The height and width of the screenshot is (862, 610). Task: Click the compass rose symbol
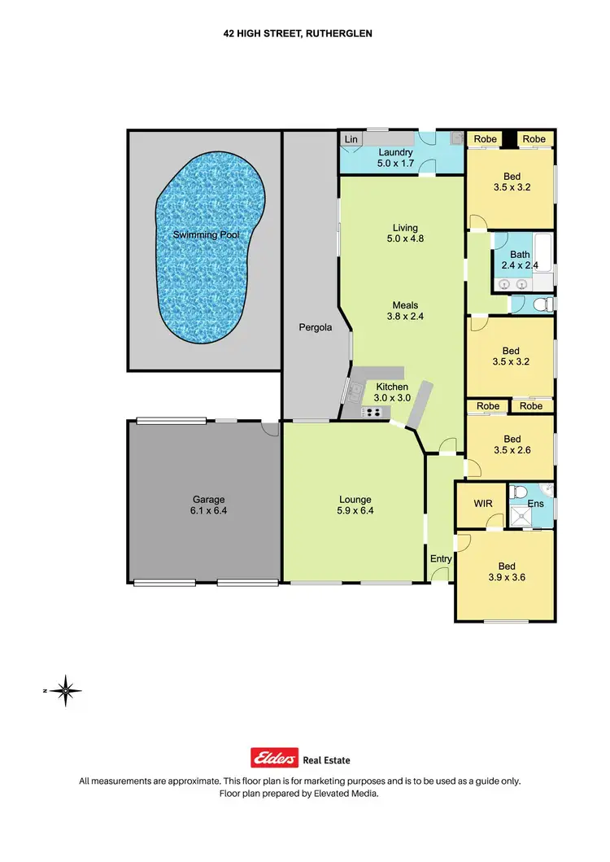click(65, 690)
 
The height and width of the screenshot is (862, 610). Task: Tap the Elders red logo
click(276, 759)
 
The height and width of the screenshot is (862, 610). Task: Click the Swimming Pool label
click(206, 235)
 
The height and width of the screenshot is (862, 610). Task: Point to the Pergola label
click(314, 328)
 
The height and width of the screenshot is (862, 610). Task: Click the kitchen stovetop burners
click(373, 412)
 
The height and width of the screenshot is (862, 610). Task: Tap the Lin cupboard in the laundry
click(351, 140)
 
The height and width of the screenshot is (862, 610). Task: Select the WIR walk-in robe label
click(483, 505)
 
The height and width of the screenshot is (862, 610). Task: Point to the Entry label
click(441, 558)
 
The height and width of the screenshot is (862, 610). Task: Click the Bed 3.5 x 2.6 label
click(511, 443)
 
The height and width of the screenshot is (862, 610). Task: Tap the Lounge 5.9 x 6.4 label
click(355, 505)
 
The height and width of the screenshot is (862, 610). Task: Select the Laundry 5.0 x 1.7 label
click(396, 158)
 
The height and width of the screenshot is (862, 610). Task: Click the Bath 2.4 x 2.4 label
click(520, 260)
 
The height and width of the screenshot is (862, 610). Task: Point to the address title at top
click(304, 34)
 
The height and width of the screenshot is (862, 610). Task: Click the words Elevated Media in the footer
click(351, 793)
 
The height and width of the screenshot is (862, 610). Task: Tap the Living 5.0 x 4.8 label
click(404, 234)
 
